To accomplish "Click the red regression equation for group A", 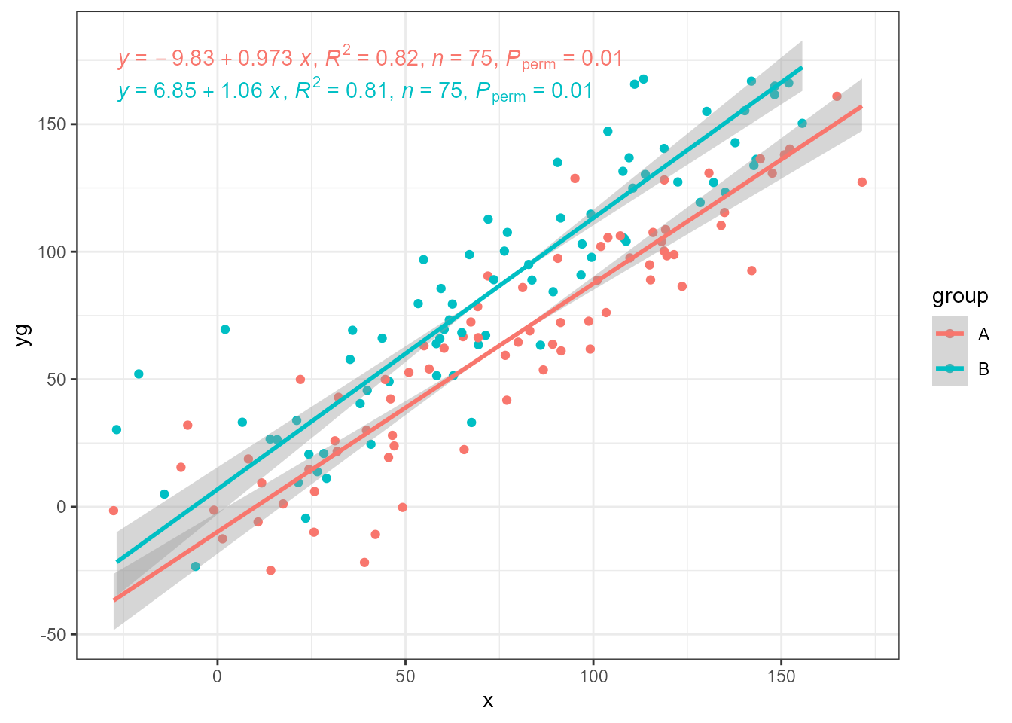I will click(370, 59).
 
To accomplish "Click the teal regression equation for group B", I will click(355, 91).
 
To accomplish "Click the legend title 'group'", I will click(959, 296).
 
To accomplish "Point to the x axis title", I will click(488, 701).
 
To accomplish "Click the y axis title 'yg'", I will click(23, 334).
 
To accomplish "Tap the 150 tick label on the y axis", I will click(52, 124).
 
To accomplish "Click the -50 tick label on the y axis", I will click(52, 635).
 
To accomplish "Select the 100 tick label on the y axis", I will click(52, 252).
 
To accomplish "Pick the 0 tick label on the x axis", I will click(218, 676).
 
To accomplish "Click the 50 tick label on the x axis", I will click(405, 676).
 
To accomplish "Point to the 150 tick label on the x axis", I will click(781, 676).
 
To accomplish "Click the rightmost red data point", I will click(862, 182).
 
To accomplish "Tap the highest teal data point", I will click(643, 79).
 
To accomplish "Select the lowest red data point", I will click(270, 570).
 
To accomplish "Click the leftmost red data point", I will click(114, 511).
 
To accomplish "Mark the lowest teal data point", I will click(196, 566).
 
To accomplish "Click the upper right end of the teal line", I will click(802, 68).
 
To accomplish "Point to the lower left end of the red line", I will click(114, 600).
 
